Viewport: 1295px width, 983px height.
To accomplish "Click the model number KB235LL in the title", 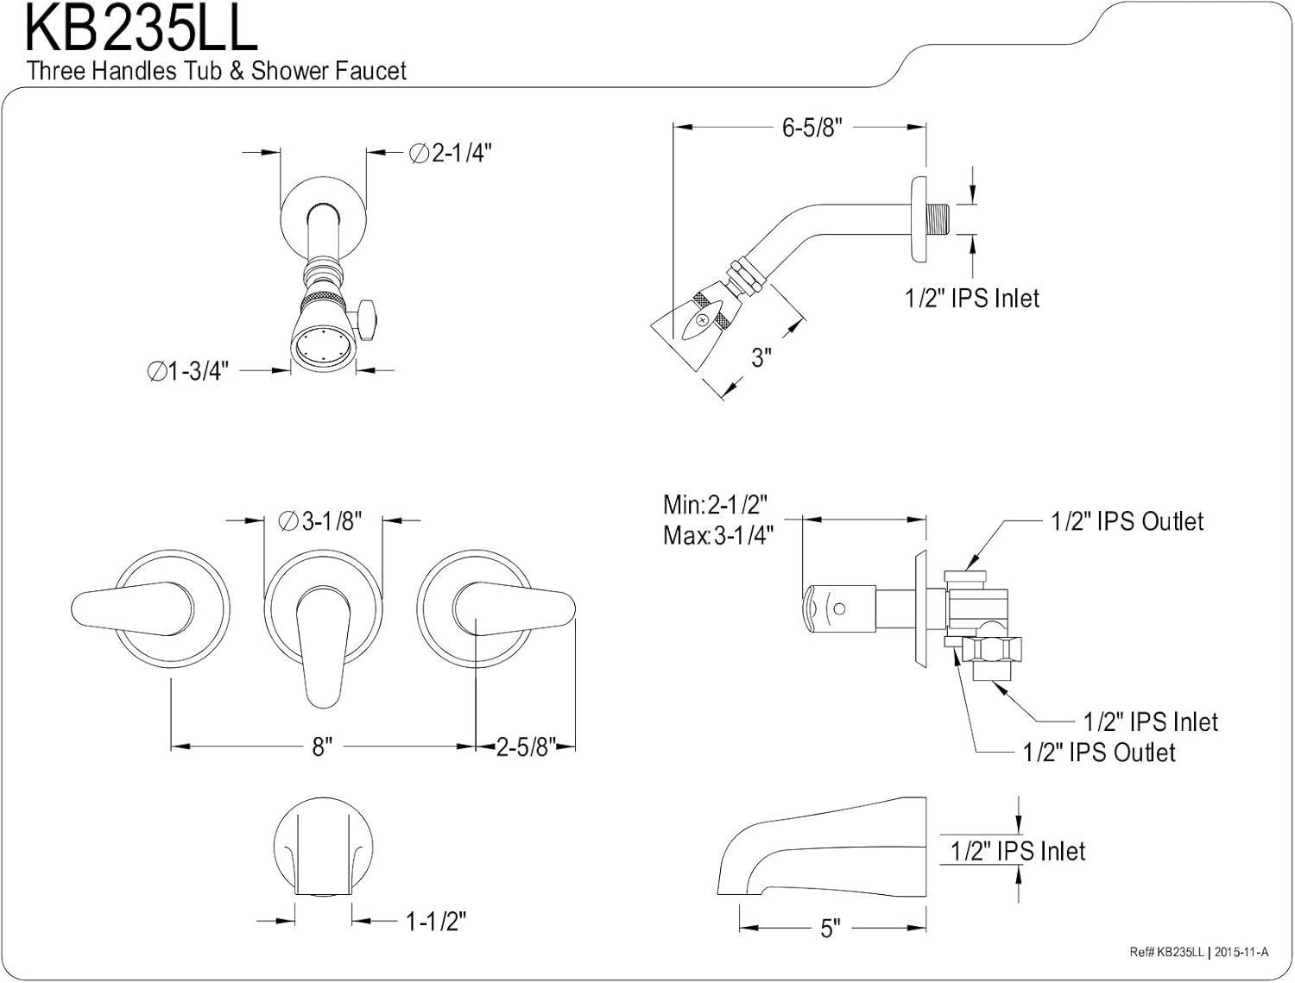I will tap(141, 28).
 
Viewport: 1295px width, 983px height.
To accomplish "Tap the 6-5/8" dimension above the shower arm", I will tap(812, 128).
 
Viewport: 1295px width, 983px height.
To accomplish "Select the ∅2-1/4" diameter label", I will tap(450, 154).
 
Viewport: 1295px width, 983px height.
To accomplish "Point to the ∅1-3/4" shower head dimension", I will tap(187, 371).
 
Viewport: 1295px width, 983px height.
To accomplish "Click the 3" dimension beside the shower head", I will tap(761, 357).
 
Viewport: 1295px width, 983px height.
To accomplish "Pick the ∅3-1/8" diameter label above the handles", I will tap(320, 521).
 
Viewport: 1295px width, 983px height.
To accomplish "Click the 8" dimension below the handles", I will tap(322, 747).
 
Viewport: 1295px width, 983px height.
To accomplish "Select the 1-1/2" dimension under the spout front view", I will tap(436, 922).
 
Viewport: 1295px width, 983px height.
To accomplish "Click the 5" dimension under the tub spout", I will tap(830, 929).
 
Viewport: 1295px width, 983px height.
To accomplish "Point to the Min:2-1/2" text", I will tap(716, 504).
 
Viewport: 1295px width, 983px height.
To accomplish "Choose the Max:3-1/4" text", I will tap(718, 536).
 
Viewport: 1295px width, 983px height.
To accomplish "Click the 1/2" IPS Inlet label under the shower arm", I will tap(971, 299).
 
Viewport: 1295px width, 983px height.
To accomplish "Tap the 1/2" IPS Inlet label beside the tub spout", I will tap(1018, 852).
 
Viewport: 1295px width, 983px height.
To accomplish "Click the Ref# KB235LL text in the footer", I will tap(1167, 952).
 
